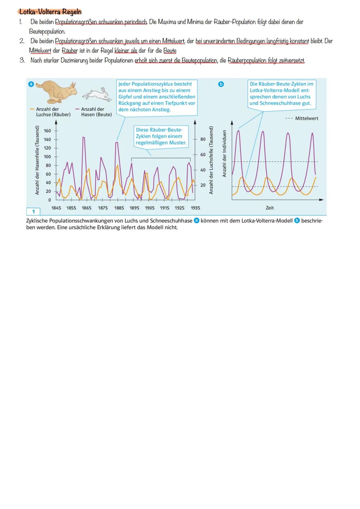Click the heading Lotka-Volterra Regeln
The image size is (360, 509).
point(50,12)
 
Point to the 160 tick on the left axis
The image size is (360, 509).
point(47,131)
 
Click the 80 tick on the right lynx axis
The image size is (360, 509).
point(203,139)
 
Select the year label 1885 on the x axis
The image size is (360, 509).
point(119,208)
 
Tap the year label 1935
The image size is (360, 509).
point(195,208)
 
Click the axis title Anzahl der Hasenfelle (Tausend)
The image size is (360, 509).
point(37,160)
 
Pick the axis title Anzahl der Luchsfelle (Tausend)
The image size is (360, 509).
point(211,160)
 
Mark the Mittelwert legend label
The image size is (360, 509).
point(306,118)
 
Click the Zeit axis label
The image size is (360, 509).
point(270,208)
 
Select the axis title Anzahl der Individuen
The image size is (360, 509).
point(224,154)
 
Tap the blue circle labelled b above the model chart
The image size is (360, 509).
point(220,84)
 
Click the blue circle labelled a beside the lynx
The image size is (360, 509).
point(31,84)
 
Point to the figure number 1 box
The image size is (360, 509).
point(33,212)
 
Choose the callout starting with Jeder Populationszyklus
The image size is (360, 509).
point(157,97)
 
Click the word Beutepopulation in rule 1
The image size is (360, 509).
point(47,32)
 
